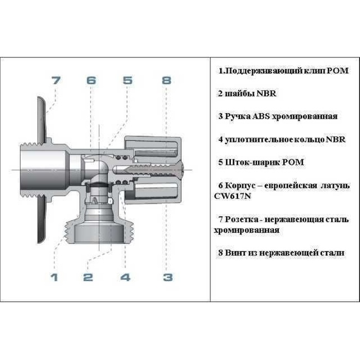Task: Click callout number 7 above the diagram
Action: pos(56,80)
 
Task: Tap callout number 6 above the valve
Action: pos(91,80)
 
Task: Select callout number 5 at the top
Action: pos(128,80)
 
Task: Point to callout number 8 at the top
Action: pos(167,80)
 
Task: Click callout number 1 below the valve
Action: pos(54,277)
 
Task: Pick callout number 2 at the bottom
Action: pos(88,277)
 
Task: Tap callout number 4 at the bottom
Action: pos(125,277)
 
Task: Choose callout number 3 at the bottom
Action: pos(168,277)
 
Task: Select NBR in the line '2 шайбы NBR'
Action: pos(266,94)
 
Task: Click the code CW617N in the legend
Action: pos(232,196)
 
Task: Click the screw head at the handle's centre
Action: pos(182,170)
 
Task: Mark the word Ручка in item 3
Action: pos(238,116)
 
